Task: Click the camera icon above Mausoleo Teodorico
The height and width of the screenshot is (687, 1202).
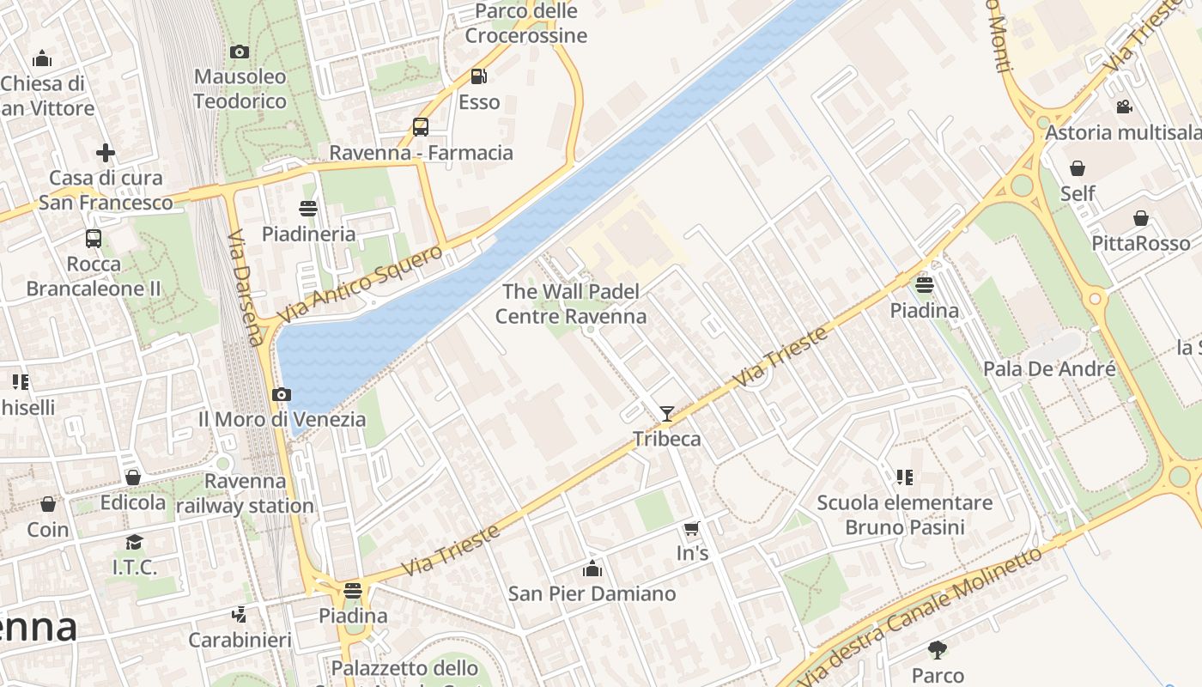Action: pyautogui.click(x=240, y=52)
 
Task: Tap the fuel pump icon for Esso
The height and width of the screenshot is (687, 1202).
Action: pyautogui.click(x=478, y=76)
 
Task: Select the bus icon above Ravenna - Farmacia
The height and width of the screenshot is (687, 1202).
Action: pyautogui.click(x=420, y=127)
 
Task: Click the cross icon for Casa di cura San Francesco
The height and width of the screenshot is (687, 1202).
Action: pyautogui.click(x=106, y=153)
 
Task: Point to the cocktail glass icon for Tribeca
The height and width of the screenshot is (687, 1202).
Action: pyautogui.click(x=666, y=414)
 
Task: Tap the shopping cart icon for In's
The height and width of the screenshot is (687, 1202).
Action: pyautogui.click(x=692, y=528)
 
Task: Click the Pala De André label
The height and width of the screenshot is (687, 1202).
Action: pyautogui.click(x=1049, y=369)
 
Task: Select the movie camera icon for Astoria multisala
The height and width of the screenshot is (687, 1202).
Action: pyautogui.click(x=1124, y=106)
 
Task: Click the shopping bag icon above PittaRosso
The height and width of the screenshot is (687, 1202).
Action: pyautogui.click(x=1140, y=218)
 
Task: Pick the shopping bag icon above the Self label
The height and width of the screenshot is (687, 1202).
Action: pyautogui.click(x=1077, y=168)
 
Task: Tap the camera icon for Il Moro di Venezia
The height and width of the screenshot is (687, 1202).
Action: pyautogui.click(x=281, y=395)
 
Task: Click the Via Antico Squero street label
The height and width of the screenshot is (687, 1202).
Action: pyautogui.click(x=361, y=284)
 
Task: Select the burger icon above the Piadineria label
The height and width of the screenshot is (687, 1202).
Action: pyautogui.click(x=308, y=208)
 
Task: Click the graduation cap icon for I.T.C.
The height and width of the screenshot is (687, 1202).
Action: pyautogui.click(x=134, y=542)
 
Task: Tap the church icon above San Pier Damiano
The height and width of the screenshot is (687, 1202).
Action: pyautogui.click(x=592, y=568)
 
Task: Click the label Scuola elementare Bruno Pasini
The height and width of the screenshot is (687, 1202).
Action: pyautogui.click(x=904, y=514)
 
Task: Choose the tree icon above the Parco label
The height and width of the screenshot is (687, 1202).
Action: pyautogui.click(x=937, y=649)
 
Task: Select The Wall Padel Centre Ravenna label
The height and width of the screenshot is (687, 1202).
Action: pyautogui.click(x=571, y=304)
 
